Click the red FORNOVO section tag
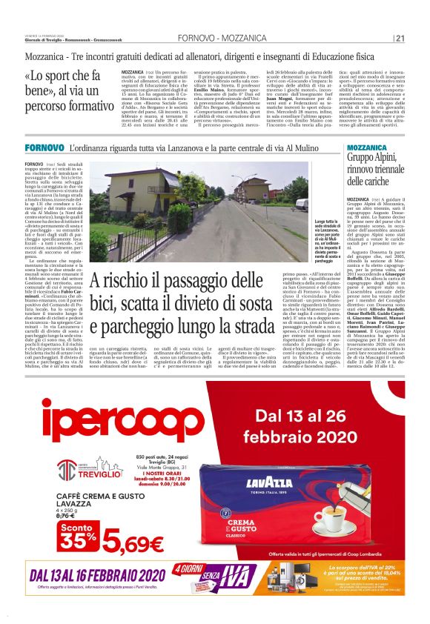pyautogui.click(x=44, y=149)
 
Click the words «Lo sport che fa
pyautogui.click(x=72, y=76)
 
